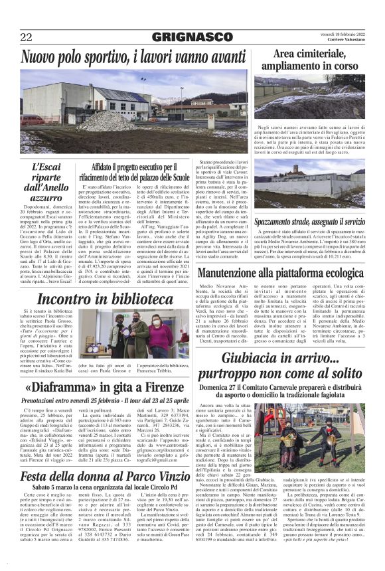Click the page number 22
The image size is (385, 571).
pos(27,37)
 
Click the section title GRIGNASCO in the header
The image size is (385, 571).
pos(193,37)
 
